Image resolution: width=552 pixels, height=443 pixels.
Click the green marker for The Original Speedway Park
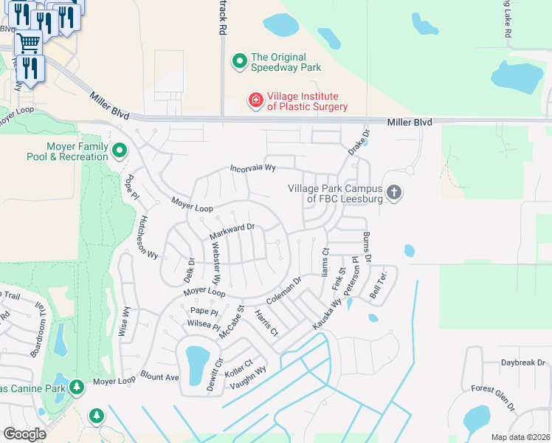239,62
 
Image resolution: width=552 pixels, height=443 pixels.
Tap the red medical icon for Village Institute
255,100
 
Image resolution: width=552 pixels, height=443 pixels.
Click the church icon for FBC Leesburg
394,193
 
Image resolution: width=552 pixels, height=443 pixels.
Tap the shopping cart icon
27,43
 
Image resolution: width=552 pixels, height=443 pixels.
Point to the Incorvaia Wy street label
252,168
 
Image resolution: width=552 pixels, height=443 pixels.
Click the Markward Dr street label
232,232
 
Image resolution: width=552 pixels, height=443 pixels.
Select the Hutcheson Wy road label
148,236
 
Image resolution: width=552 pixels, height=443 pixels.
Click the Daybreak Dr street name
522,363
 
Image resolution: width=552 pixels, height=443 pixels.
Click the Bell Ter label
379,283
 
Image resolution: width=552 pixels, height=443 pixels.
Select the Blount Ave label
159,377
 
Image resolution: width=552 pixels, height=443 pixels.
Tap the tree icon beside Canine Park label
76,387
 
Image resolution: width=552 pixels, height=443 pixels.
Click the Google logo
24,434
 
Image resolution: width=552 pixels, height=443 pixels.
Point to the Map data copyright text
520,437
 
